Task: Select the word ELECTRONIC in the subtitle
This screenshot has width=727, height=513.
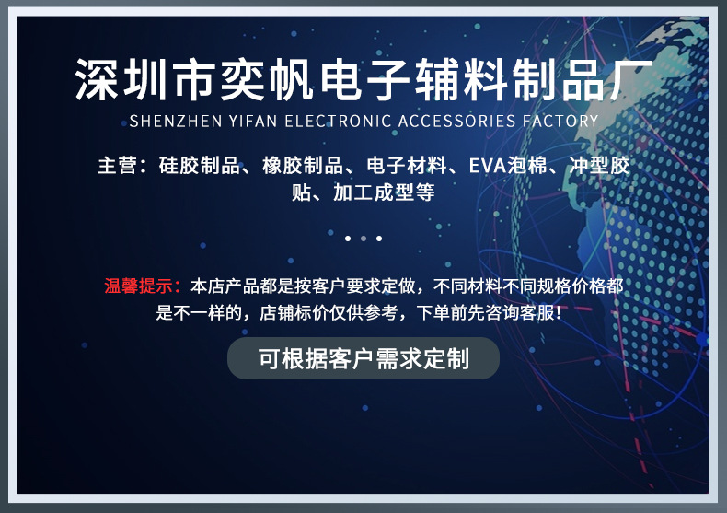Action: pyautogui.click(x=335, y=121)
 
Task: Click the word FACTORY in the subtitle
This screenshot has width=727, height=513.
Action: pyautogui.click(x=561, y=121)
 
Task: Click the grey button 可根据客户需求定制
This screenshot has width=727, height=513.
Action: pyautogui.click(x=363, y=358)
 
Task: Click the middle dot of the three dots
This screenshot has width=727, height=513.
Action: pyautogui.click(x=363, y=239)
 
